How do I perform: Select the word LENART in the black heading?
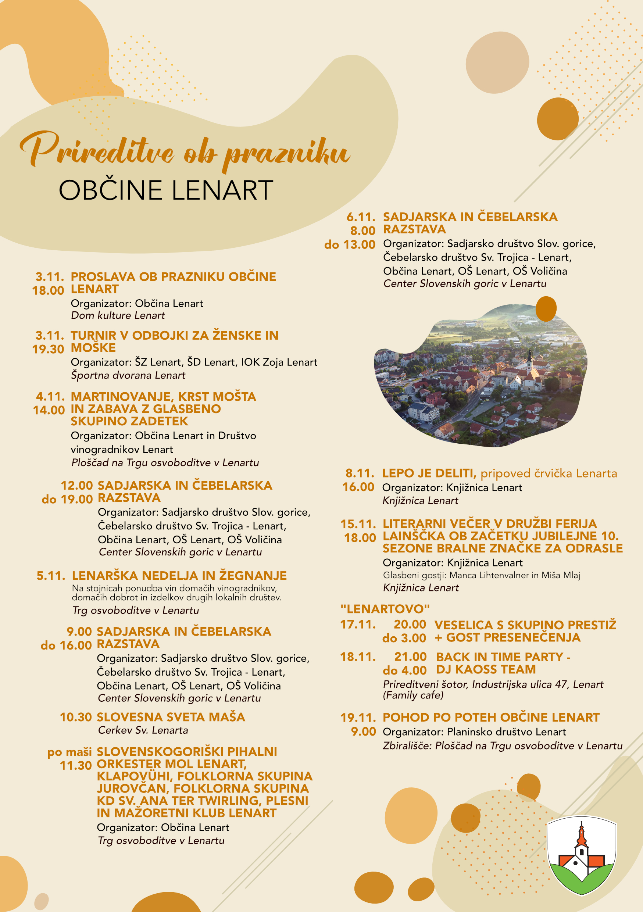(x=222, y=190)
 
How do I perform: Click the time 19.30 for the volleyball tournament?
(x=48, y=349)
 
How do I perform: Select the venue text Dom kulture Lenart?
(x=118, y=315)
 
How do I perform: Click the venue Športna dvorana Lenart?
(x=128, y=375)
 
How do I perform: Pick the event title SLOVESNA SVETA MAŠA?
(x=171, y=717)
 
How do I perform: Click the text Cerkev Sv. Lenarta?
(x=143, y=730)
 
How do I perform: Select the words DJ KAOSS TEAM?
(x=486, y=669)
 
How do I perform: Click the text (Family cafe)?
(x=413, y=695)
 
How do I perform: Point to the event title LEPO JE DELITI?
(x=429, y=473)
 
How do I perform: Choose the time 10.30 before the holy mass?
(x=76, y=717)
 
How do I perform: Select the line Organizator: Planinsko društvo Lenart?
(x=474, y=732)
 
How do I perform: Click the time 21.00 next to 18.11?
(x=410, y=657)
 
